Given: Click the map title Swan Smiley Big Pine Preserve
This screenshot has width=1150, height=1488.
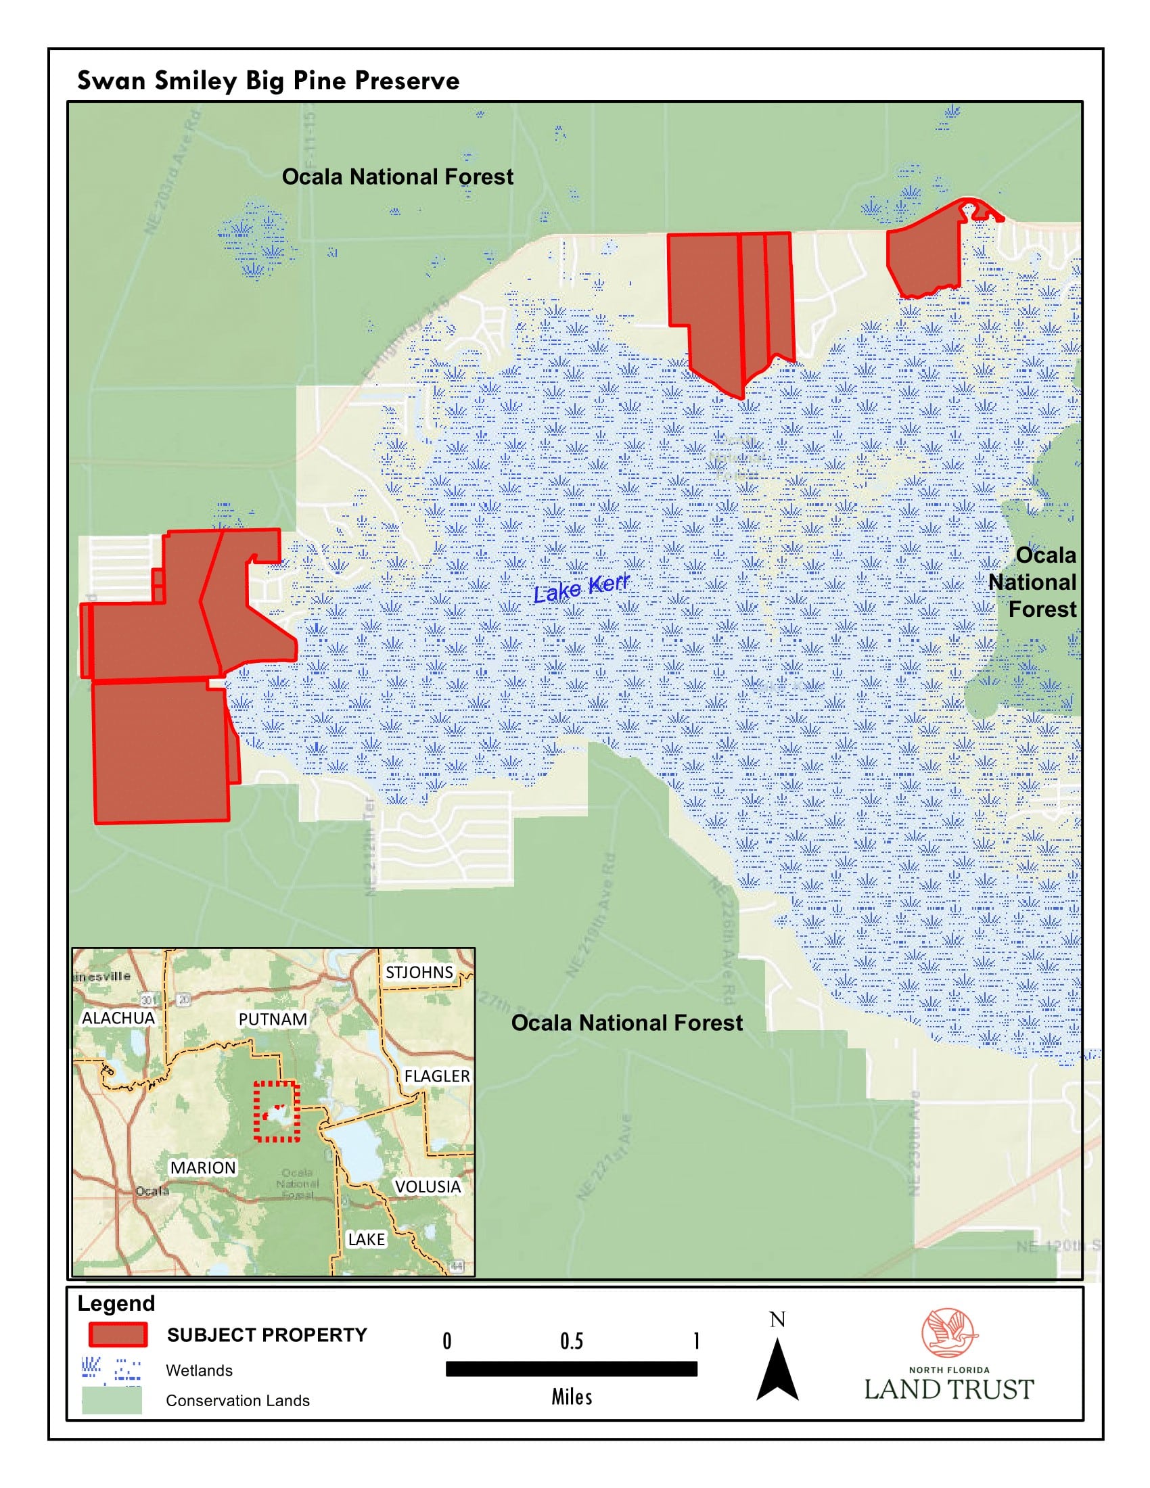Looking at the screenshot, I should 268,80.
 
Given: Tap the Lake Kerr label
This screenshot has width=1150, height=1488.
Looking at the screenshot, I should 580,588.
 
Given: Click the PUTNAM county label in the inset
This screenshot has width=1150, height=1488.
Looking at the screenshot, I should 272,1019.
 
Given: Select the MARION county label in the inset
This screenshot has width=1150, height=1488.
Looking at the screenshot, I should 202,1168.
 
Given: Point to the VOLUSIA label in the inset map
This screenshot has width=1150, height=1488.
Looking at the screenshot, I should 427,1186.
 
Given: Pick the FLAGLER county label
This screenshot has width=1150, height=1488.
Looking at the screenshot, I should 437,1077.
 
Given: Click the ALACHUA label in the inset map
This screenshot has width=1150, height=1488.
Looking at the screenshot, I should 118,1018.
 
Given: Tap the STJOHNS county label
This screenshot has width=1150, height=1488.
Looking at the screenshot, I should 418,972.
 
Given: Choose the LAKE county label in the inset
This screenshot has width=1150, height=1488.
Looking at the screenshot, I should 366,1239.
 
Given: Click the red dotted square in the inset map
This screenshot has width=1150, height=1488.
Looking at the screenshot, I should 277,1111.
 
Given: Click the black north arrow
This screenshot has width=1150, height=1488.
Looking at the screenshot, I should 777,1370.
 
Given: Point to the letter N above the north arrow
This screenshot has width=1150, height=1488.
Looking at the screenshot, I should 777,1320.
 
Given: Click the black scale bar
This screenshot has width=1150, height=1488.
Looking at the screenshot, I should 571,1369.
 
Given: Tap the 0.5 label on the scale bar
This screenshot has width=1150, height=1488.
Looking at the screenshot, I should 571,1341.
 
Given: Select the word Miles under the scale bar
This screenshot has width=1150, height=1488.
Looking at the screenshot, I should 572,1397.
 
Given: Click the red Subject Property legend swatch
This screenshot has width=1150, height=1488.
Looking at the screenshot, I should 118,1334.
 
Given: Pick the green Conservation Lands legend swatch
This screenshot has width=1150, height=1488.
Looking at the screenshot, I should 112,1401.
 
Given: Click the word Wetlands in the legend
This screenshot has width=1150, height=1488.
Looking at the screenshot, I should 199,1370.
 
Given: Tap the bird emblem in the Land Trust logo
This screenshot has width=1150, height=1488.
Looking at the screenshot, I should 948,1332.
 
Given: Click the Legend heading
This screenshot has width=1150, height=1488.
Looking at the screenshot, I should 116,1303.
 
